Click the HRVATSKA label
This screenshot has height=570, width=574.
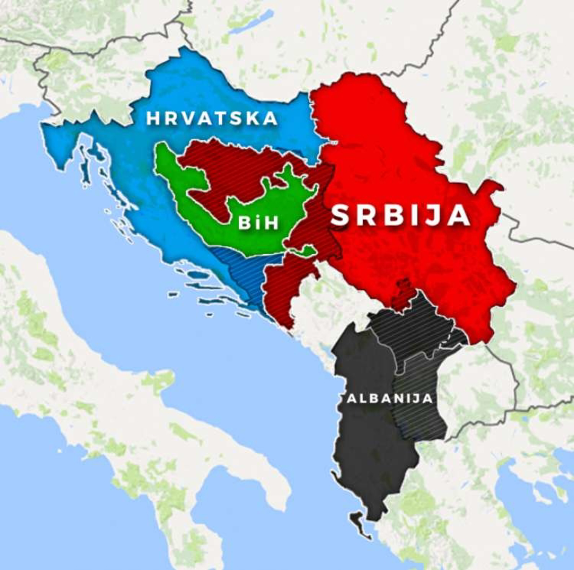[212, 119]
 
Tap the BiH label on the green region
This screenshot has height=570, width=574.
[258, 223]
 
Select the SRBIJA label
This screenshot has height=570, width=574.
[400, 215]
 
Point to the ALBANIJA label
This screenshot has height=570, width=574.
[389, 398]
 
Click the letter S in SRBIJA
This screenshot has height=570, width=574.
[341, 215]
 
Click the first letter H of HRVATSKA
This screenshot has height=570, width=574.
[153, 119]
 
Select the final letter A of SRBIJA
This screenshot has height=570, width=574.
[460, 215]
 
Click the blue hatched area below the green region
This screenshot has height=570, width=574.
[244, 273]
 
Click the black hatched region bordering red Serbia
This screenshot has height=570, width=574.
[416, 325]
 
